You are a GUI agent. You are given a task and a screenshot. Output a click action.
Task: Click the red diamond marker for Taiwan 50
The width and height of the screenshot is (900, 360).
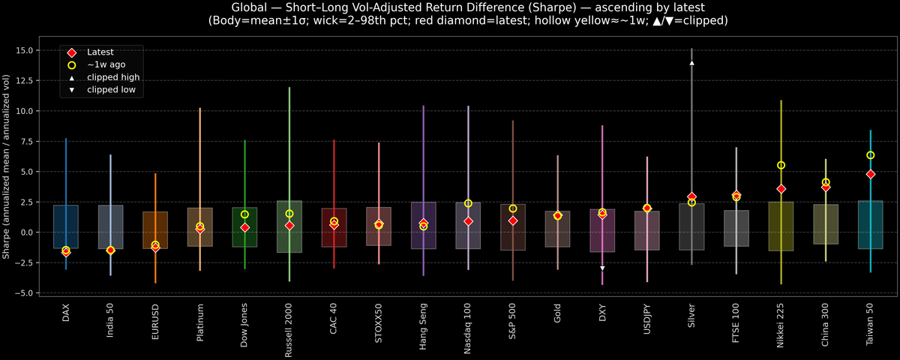pyautogui.click(x=870, y=174)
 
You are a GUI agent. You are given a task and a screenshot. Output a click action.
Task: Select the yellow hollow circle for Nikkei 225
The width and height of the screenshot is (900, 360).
pyautogui.click(x=781, y=165)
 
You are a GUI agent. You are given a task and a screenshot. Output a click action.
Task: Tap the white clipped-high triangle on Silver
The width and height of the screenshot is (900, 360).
pyautogui.click(x=691, y=63)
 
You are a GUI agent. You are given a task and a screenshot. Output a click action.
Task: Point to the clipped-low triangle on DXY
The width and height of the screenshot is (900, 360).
pyautogui.click(x=602, y=268)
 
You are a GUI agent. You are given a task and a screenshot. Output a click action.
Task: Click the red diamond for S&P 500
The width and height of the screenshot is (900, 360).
pyautogui.click(x=513, y=221)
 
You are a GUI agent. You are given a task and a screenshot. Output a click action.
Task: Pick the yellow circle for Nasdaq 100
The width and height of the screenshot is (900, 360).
pyautogui.click(x=468, y=203)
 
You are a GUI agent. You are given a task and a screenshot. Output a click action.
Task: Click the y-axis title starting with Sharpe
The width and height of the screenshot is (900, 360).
pyautogui.click(x=7, y=166)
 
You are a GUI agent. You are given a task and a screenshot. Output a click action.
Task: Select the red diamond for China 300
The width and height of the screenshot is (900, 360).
pyautogui.click(x=826, y=187)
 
